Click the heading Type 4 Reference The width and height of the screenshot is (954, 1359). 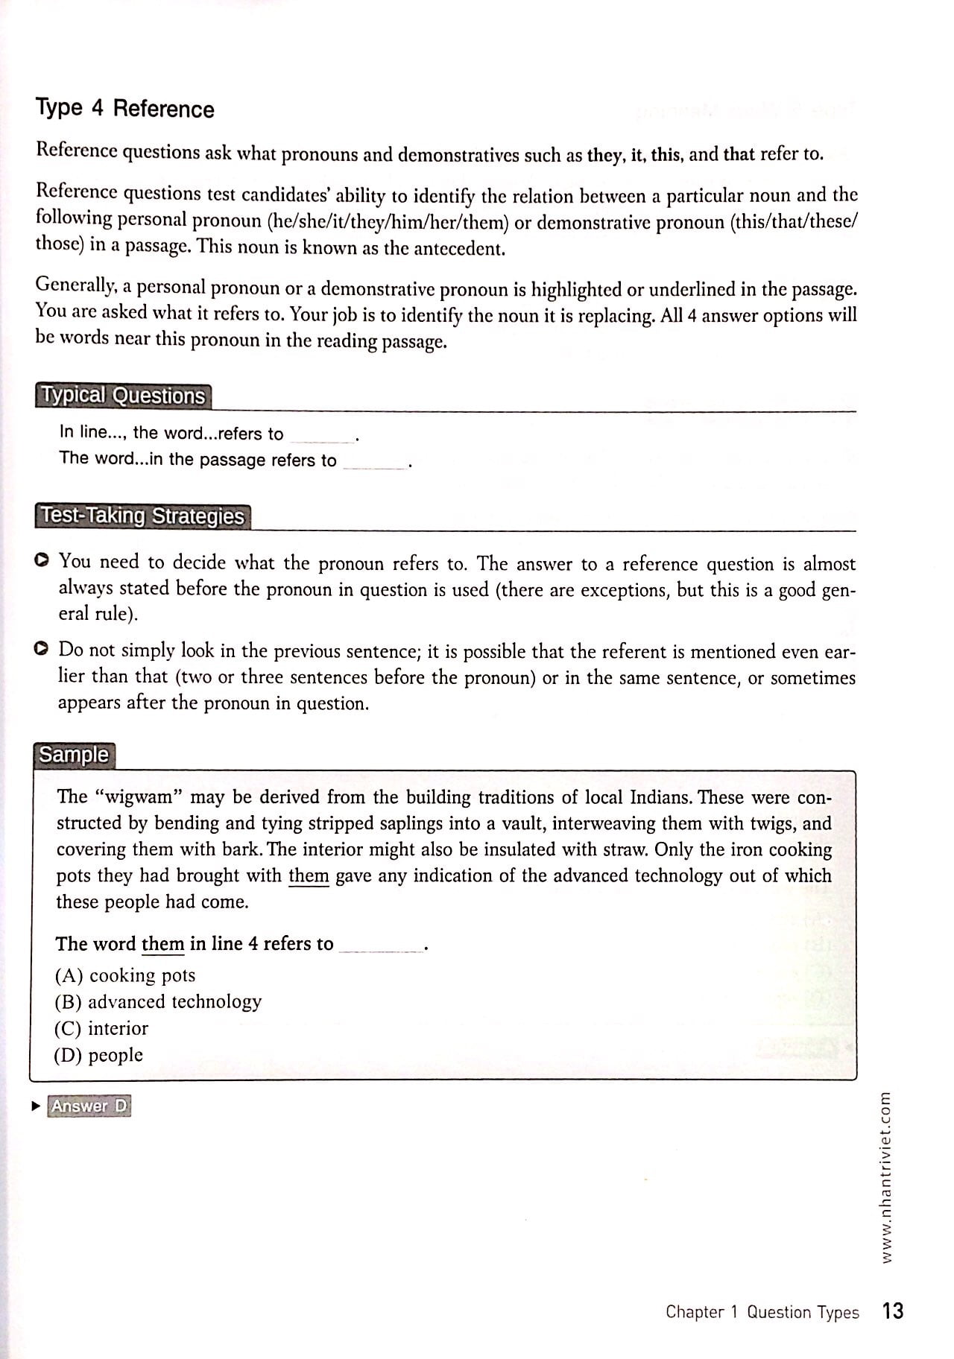124,109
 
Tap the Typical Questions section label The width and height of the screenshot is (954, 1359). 123,396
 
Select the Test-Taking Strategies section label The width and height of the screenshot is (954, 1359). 142,516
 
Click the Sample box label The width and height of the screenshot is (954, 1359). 74,755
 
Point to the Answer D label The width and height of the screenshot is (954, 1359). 89,1106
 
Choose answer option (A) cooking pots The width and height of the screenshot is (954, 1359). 125,975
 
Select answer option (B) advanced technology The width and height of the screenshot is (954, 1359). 158,1001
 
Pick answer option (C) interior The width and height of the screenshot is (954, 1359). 101,1028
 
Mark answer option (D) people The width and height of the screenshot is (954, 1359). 98,1055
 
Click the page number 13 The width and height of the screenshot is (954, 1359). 892,1311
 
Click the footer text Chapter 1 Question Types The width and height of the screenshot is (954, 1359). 762,1312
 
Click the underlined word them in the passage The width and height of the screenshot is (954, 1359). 309,876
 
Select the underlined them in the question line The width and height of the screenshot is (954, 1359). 162,944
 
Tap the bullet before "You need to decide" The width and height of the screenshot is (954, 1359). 42,560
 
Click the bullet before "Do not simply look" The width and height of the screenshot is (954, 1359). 42,649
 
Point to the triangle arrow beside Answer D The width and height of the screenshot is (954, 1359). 35,1106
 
